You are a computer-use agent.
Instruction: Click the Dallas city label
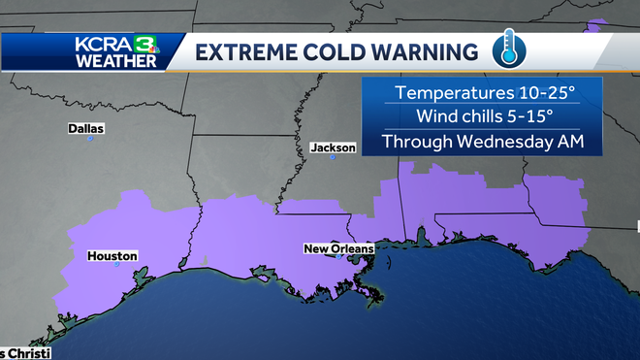point(86,128)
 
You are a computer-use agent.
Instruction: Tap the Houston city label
point(112,256)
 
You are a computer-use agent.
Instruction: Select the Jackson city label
point(334,147)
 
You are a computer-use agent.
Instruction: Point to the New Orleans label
point(338,249)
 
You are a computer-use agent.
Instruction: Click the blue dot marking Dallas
point(90,139)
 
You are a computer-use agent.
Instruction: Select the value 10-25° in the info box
point(541,93)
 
